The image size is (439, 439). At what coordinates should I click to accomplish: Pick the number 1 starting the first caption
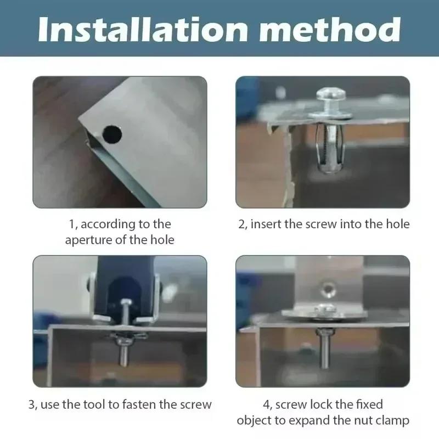tap(71, 224)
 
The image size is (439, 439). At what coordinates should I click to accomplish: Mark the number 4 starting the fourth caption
tap(267, 405)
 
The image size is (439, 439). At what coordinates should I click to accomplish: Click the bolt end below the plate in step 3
tap(123, 357)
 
